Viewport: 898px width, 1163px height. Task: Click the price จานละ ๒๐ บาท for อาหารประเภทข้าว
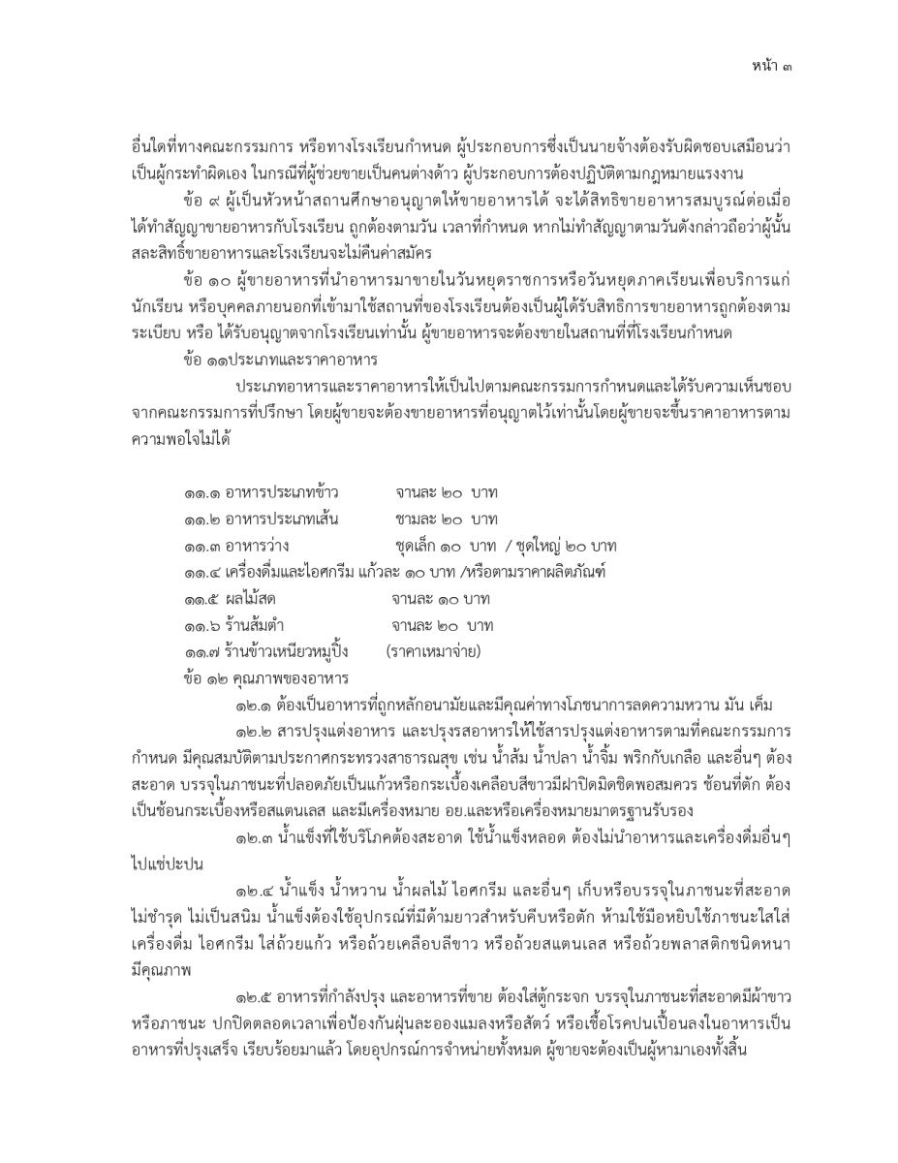pyautogui.click(x=447, y=494)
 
